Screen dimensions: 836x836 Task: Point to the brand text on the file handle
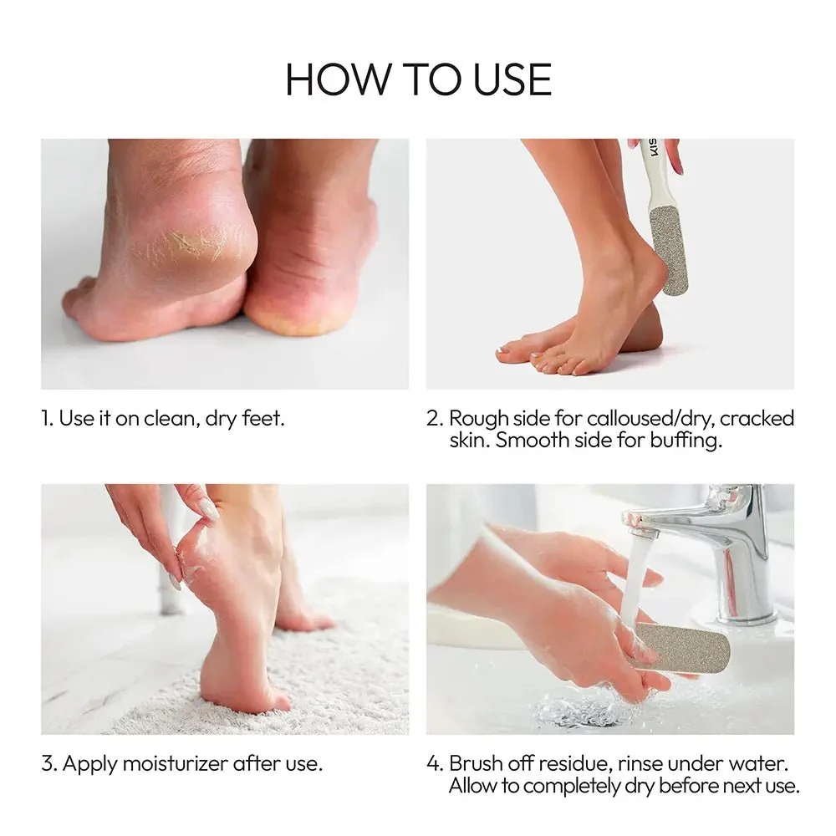tap(655, 149)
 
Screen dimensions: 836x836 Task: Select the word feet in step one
tap(263, 419)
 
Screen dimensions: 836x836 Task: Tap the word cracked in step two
tap(757, 419)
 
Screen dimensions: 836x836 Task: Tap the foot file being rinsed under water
tap(680, 648)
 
